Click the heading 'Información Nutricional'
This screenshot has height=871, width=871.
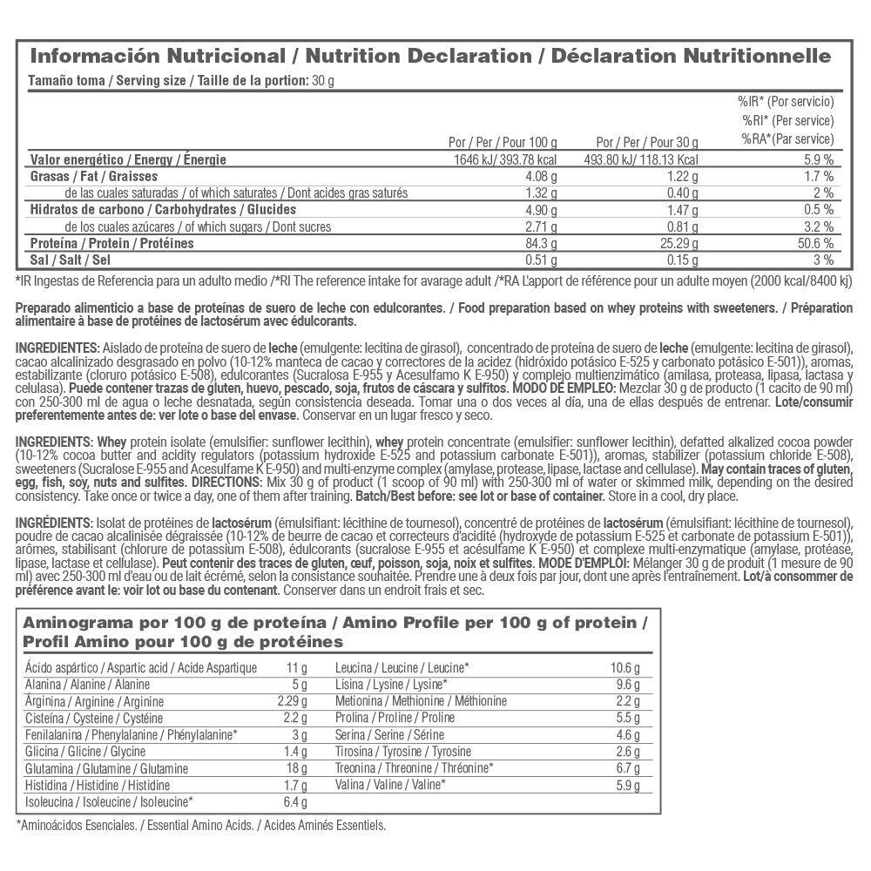[158, 57]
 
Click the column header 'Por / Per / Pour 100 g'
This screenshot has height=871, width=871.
[503, 141]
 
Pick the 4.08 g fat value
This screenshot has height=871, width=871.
[540, 177]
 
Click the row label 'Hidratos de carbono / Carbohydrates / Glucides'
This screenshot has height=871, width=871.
[163, 210]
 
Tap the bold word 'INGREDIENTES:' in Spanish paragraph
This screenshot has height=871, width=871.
[57, 347]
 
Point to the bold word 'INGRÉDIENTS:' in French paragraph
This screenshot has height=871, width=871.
[56, 523]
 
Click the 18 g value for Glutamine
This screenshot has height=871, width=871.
[296, 768]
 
